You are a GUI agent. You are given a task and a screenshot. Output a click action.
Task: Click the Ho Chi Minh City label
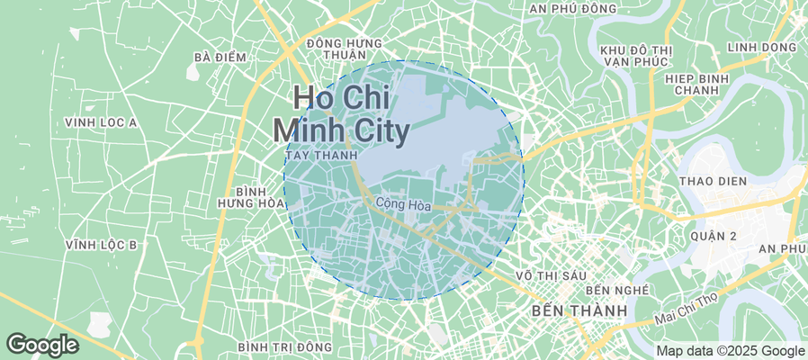(341, 113)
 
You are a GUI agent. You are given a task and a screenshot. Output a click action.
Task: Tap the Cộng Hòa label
(403, 205)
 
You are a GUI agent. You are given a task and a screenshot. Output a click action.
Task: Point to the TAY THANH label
(318, 156)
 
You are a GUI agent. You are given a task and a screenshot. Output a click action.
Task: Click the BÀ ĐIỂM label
(220, 58)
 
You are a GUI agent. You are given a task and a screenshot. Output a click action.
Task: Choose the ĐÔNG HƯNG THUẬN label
(345, 49)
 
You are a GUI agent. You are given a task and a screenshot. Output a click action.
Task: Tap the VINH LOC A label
(101, 122)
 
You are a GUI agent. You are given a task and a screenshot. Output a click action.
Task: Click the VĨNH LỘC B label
(101, 245)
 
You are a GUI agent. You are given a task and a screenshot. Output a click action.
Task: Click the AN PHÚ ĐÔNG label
(573, 9)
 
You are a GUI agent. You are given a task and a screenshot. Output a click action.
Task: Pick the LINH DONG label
(761, 47)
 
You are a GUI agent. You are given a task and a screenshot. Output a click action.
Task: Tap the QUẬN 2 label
(715, 236)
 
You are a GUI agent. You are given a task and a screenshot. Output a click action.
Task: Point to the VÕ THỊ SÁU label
(549, 274)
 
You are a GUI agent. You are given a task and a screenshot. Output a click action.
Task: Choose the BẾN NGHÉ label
(617, 291)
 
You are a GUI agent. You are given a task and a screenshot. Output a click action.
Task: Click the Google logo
(41, 344)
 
